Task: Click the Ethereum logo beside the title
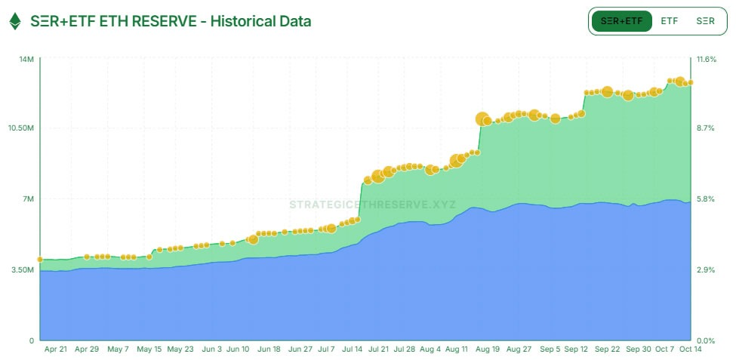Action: (x=15, y=21)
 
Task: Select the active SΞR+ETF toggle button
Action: (x=621, y=21)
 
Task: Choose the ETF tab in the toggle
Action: (x=669, y=21)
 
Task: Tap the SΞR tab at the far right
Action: (x=705, y=21)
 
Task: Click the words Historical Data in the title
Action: (x=260, y=21)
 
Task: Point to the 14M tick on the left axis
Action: (x=26, y=59)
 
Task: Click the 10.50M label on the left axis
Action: (x=20, y=128)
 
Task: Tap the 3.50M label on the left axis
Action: (x=22, y=269)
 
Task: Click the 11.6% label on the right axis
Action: (x=707, y=59)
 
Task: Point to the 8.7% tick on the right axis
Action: (x=705, y=128)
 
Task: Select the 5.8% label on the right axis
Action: (x=705, y=199)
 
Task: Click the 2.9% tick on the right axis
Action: (x=705, y=269)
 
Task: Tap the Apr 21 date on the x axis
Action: (x=56, y=349)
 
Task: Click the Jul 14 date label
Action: (x=353, y=349)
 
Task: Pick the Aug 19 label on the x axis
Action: (x=488, y=349)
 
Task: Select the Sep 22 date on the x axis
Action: (x=608, y=349)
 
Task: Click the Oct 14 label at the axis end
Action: (x=690, y=349)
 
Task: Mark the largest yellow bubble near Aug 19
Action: (x=483, y=119)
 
